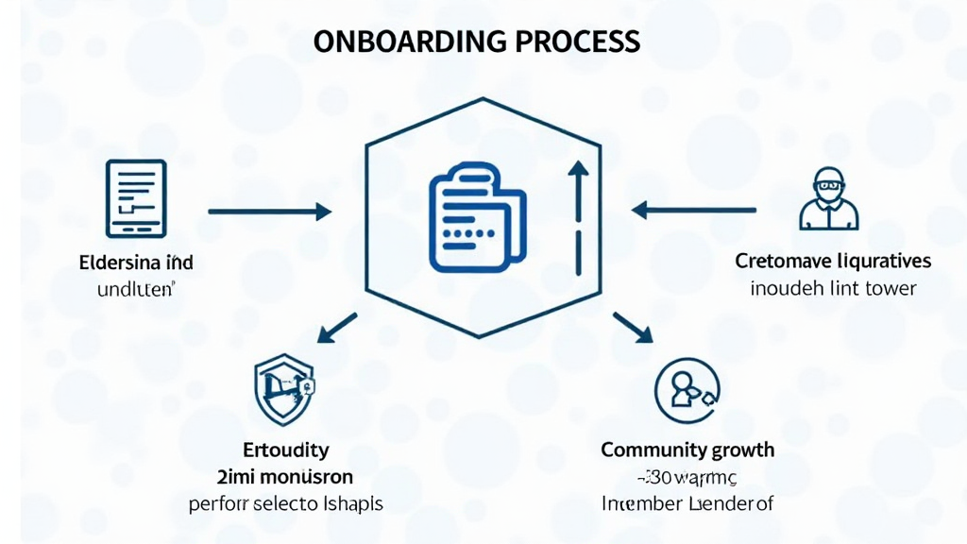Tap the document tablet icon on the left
[x=137, y=198]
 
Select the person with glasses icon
[x=827, y=199]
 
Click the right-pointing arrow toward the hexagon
[x=269, y=212]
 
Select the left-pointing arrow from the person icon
[x=693, y=209]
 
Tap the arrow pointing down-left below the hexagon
[x=337, y=328]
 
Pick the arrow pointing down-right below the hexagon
[x=633, y=327]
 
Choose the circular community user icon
[x=687, y=388]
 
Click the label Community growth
[x=687, y=450]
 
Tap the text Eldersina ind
[x=136, y=262]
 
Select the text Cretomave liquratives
[x=832, y=261]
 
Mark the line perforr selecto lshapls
[x=285, y=503]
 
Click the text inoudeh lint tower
[x=833, y=287]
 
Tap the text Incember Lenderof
[x=687, y=503]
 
